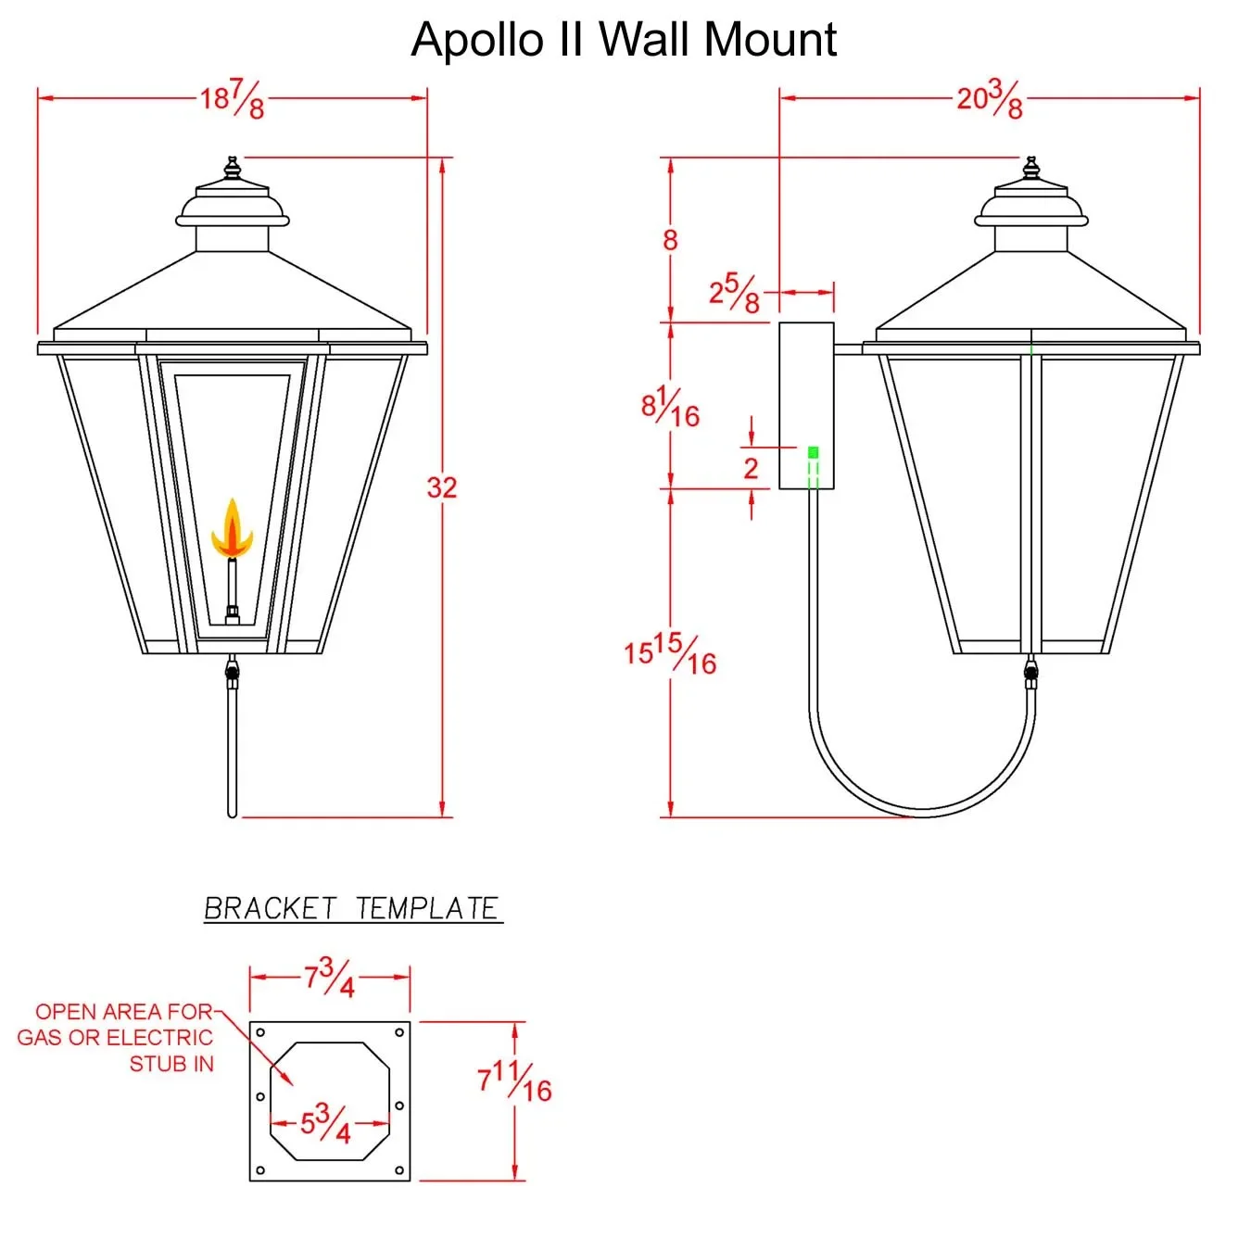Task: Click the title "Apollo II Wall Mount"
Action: [624, 40]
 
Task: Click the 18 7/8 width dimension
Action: [233, 98]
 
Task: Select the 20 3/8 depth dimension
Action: [990, 98]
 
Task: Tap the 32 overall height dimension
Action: [442, 487]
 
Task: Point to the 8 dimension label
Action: [670, 241]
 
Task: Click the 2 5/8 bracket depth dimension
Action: [734, 294]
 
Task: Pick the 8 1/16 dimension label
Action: [670, 407]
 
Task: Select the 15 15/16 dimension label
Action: [670, 653]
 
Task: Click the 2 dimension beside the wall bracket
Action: [751, 468]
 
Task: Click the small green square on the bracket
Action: [813, 452]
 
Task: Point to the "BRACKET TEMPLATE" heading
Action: [352, 908]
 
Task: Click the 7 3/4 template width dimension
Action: [329, 978]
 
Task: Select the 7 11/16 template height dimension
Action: [514, 1081]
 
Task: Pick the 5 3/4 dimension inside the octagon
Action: [325, 1123]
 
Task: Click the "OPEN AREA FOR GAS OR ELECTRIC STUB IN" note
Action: [117, 1038]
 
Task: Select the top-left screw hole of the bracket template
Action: [260, 1032]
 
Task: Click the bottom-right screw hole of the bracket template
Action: [399, 1170]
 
